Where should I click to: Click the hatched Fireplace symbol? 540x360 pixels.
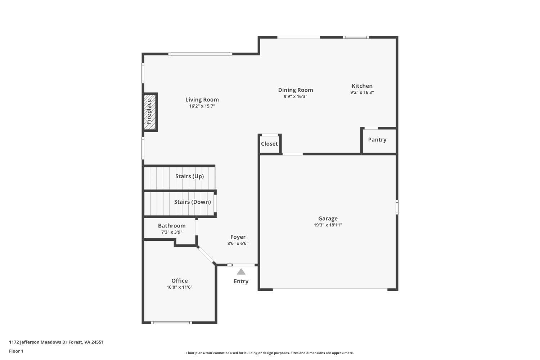pos(150,112)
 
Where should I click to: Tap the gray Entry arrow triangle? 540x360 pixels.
pos(241,272)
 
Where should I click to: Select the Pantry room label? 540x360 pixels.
pos(377,140)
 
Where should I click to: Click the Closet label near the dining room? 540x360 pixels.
pos(269,144)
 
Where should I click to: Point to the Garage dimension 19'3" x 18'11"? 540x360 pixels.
pos(328,225)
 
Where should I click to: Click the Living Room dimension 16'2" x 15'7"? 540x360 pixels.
pos(202,106)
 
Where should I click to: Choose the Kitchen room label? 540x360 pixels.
pos(362,86)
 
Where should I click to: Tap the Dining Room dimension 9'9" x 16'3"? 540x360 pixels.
pos(295,96)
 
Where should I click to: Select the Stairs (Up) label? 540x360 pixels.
pos(189,176)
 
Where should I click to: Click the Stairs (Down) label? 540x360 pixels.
pos(192,202)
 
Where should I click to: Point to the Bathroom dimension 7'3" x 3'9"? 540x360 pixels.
pos(172,232)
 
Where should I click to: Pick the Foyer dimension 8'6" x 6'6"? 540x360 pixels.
pos(238,243)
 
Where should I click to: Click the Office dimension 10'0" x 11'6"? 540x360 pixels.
pos(179,287)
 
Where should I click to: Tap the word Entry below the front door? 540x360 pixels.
pos(241,282)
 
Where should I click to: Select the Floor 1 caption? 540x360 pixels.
pos(16,351)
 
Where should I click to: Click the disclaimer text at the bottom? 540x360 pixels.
pos(270,353)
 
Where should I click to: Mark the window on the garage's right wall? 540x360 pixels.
pos(397,207)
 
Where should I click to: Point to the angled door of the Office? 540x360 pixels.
pos(206,255)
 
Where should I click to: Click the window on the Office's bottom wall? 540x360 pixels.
pos(171,323)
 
